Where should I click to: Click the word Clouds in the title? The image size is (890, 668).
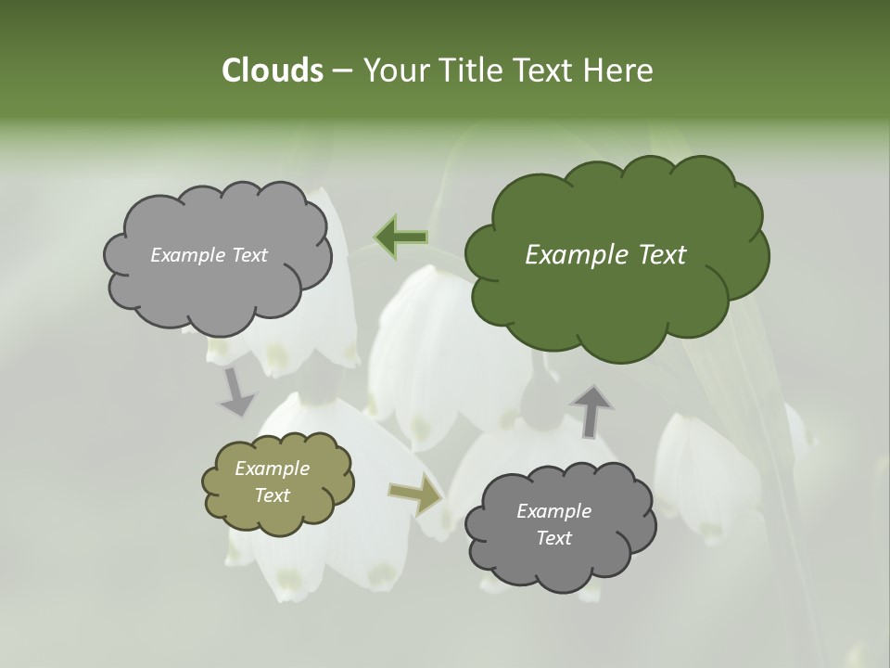[x=272, y=71]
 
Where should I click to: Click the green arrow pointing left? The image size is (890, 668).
[x=401, y=237]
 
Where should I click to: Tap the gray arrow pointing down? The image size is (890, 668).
[x=236, y=392]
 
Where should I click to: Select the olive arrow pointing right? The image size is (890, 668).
[x=415, y=495]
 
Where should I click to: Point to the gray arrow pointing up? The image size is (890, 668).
[x=591, y=411]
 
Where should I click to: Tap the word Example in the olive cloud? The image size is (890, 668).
[x=273, y=469]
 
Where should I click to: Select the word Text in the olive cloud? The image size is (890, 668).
[x=273, y=495]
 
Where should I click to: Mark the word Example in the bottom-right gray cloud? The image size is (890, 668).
[x=553, y=511]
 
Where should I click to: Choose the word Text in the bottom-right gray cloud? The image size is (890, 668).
[x=553, y=538]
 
